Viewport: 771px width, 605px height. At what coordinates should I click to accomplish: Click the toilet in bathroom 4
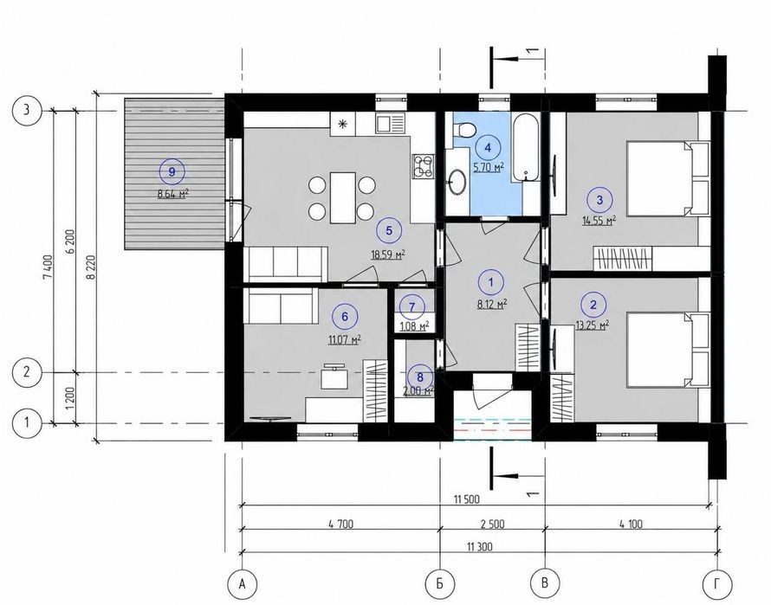pyautogui.click(x=464, y=129)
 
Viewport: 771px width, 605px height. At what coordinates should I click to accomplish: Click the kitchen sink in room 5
pyautogui.click(x=390, y=122)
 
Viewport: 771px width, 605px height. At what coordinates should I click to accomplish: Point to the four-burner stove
pyautogui.click(x=423, y=165)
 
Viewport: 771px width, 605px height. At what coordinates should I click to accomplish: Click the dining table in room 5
pyautogui.click(x=343, y=197)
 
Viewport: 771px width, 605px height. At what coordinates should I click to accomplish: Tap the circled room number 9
pyautogui.click(x=172, y=171)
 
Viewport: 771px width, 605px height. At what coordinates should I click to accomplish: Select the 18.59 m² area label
pyautogui.click(x=388, y=254)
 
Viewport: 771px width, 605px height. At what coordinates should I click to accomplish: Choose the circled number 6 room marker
pyautogui.click(x=344, y=317)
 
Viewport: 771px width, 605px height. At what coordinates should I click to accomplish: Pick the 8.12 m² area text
pyautogui.click(x=492, y=304)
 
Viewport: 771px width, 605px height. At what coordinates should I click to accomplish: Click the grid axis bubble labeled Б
pyautogui.click(x=439, y=583)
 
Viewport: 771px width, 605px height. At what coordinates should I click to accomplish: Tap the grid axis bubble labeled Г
pyautogui.click(x=718, y=583)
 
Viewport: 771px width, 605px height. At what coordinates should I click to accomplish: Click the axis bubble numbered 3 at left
pyautogui.click(x=27, y=110)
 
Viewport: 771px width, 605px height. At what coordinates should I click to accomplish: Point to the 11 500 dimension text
pyautogui.click(x=467, y=499)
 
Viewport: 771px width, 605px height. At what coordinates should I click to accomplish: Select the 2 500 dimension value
pyautogui.click(x=492, y=524)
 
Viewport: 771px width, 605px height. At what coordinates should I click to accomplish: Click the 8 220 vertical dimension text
pyautogui.click(x=90, y=268)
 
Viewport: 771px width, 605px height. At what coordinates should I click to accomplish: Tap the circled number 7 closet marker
pyautogui.click(x=411, y=307)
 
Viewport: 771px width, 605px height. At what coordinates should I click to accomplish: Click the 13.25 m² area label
pyautogui.click(x=593, y=325)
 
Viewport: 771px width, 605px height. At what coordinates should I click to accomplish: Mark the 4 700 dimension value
pyautogui.click(x=340, y=524)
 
